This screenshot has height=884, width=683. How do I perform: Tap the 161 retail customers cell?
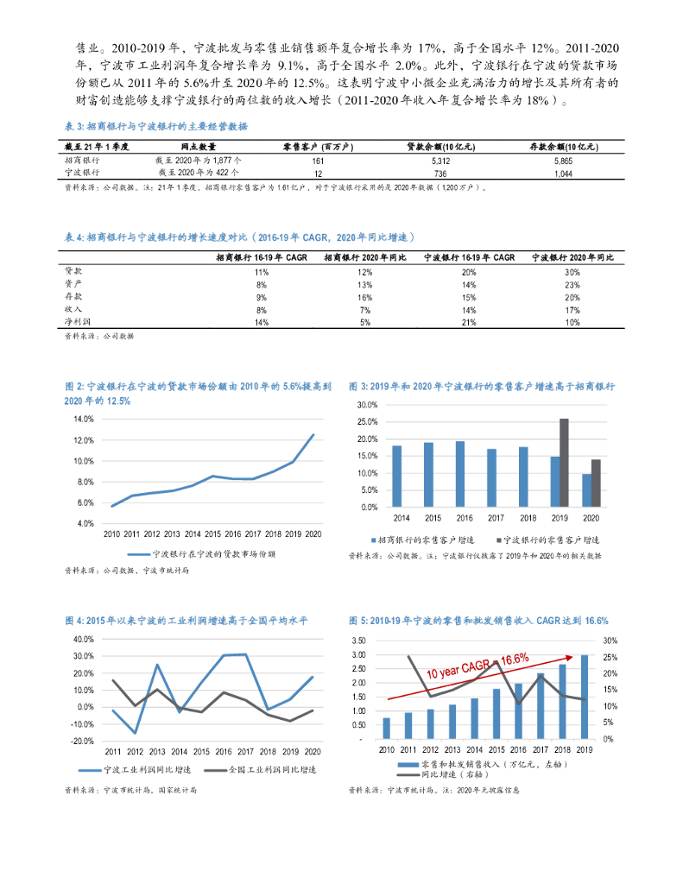click(317, 161)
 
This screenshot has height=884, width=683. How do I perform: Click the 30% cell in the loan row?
click(572, 272)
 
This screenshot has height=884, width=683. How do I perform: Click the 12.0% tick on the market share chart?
click(84, 440)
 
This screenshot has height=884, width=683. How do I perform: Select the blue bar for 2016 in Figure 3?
click(459, 474)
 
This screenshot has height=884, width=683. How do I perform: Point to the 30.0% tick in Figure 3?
click(368, 405)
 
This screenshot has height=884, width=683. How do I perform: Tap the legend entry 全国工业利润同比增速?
click(259, 769)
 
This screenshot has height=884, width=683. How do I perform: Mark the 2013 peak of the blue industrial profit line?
click(158, 665)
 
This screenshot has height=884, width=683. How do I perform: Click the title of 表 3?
click(156, 126)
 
